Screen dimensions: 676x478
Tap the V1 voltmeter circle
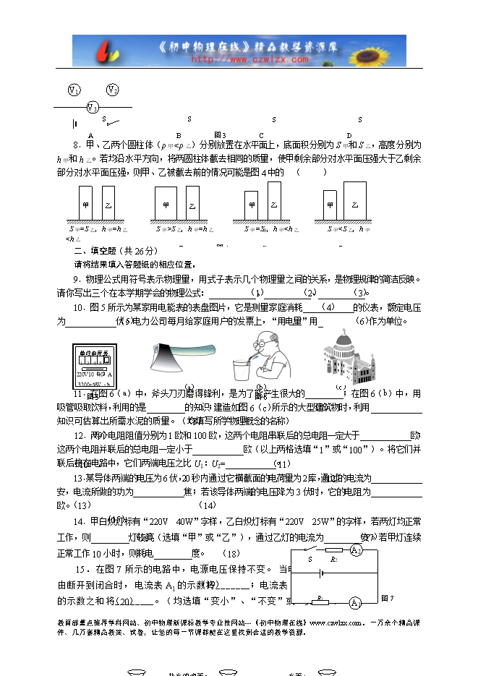coord(74,90)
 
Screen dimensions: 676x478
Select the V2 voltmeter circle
coord(112,90)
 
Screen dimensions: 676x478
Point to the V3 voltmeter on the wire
coord(93,107)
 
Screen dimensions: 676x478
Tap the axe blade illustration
coord(181,352)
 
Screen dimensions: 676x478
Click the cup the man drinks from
coord(242,369)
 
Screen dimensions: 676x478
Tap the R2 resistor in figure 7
coord(334,550)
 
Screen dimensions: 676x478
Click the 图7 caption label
coord(387,598)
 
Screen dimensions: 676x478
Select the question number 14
coord(79,521)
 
